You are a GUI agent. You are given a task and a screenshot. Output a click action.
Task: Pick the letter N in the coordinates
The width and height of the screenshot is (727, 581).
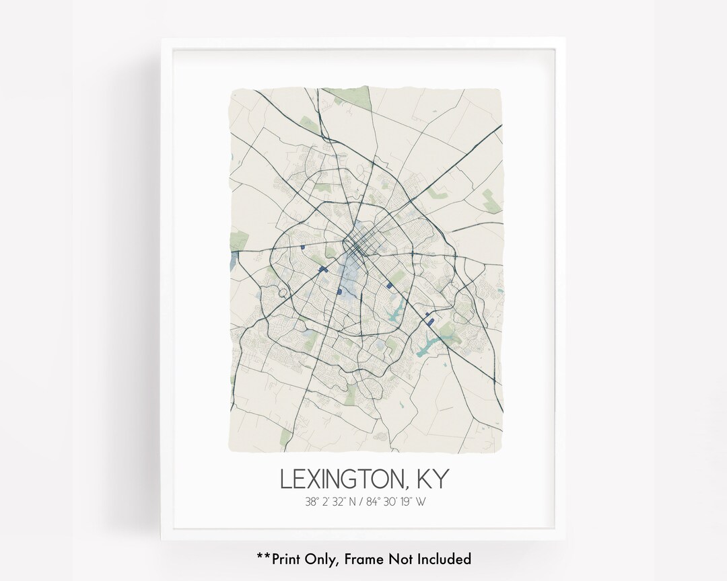coord(347,501)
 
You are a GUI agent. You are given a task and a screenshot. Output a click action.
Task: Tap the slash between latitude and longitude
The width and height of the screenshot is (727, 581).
coord(359,501)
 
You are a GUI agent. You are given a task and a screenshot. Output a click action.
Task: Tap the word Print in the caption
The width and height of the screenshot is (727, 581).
coord(287,558)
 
